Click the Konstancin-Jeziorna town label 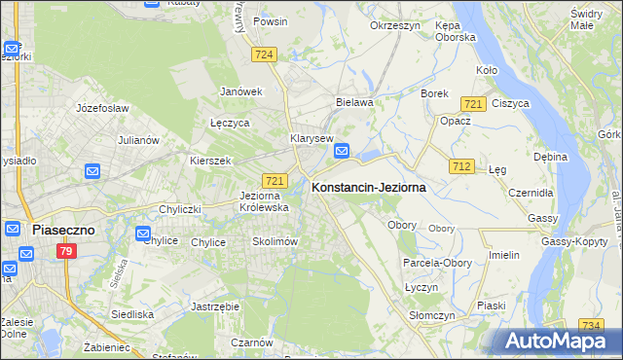tap(368, 188)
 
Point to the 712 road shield tap(461, 167)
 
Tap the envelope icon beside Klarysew tap(343, 151)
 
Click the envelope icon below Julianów tap(92, 172)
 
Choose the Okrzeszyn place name tap(394, 25)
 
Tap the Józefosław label tap(102, 108)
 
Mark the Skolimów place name tap(274, 241)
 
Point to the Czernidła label tap(531, 193)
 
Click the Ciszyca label tap(510, 102)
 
